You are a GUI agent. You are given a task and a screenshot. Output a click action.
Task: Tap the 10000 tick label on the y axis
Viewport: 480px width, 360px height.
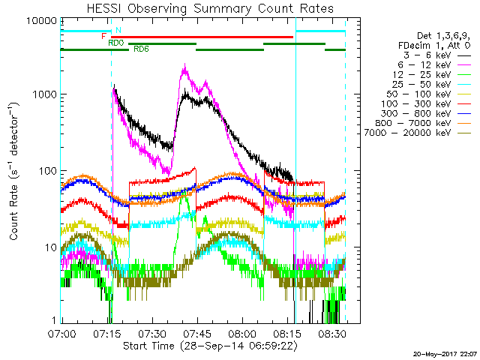point(42,19)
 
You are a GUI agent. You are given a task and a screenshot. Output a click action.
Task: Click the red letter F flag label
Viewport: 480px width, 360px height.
point(104,36)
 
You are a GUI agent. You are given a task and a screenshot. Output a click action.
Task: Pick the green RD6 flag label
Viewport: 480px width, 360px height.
point(140,49)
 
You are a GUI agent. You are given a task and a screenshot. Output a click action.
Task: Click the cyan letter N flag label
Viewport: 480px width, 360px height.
point(118,30)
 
